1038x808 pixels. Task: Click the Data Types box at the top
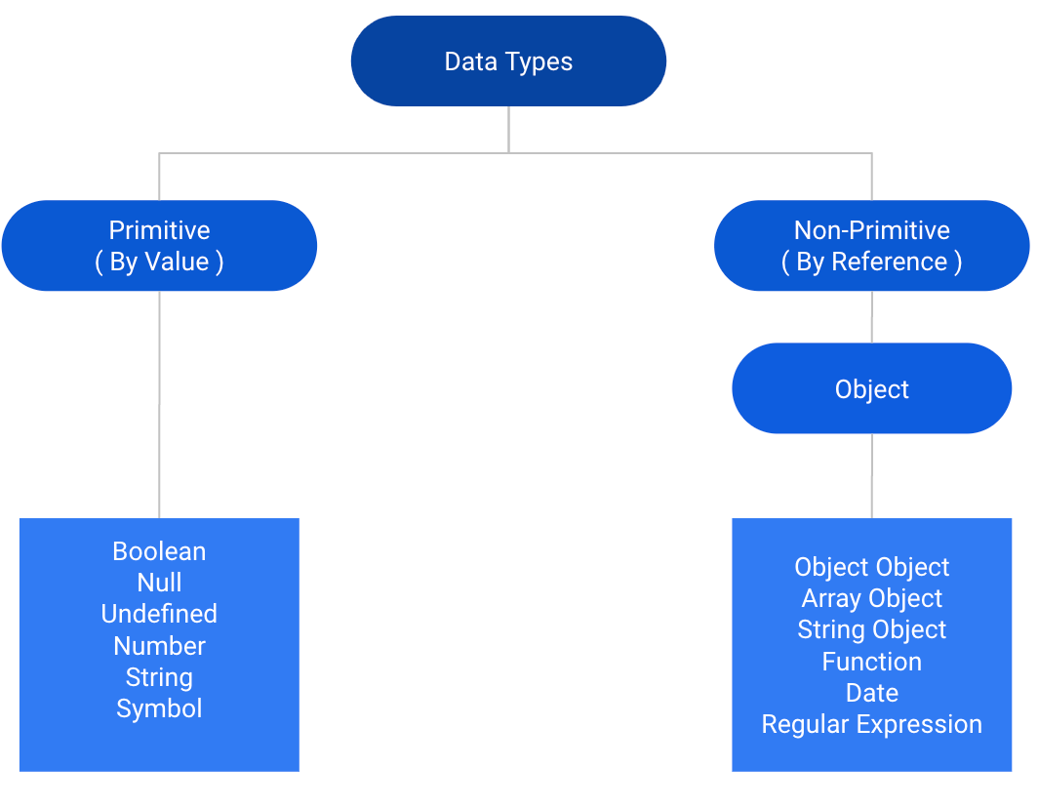508,61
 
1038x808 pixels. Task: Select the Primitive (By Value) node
159,246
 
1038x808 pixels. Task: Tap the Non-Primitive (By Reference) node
871,246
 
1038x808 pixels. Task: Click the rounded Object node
871,389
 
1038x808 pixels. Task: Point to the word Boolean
159,551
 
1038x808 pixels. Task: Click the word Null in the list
159,583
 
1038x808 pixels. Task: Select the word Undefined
159,614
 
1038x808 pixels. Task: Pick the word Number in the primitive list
159,646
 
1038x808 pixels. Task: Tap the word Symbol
159,708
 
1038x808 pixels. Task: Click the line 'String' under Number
159,677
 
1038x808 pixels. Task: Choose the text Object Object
871,567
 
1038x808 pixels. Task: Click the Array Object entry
871,598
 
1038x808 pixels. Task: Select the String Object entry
871,629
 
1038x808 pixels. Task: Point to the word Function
871,662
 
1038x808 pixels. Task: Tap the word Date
871,693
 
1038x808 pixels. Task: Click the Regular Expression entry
871,724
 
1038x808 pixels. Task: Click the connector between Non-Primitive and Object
871,317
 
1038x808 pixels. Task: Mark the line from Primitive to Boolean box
159,405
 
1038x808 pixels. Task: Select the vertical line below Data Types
508,129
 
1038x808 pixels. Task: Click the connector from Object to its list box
871,476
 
